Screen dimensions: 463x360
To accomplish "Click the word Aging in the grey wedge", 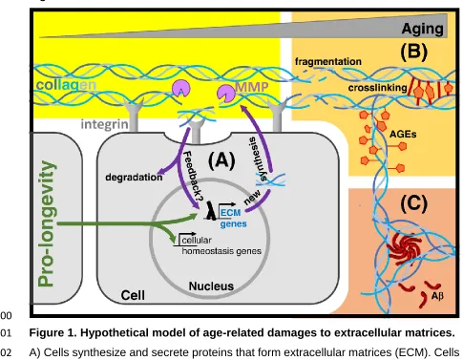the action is (x=422, y=29).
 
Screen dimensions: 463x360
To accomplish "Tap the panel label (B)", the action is (x=413, y=52).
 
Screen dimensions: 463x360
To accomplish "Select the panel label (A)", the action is (x=221, y=160).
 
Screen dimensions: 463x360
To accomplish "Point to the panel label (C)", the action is (x=413, y=203).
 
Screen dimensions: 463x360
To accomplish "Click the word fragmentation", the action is (x=328, y=61).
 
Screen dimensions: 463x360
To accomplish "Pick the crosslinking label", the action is (x=377, y=88).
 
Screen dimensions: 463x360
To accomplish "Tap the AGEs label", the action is (x=403, y=134).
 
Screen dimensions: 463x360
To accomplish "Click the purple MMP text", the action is (x=251, y=87).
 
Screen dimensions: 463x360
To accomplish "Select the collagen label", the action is (x=66, y=85).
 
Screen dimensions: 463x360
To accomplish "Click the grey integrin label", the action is (x=104, y=124).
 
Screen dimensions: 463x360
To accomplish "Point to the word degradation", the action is (x=134, y=177).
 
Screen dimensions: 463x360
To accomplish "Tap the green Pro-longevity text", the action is (x=47, y=223).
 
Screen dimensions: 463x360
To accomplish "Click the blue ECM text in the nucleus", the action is (x=230, y=212).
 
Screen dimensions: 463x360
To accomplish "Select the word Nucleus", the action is (x=211, y=286).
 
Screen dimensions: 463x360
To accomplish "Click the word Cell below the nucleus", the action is (x=133, y=295).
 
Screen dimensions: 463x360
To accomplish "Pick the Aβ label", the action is (x=437, y=296).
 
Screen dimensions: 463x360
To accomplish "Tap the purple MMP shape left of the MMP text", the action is (x=226, y=94).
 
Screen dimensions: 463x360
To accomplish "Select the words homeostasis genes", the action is (x=221, y=251).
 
